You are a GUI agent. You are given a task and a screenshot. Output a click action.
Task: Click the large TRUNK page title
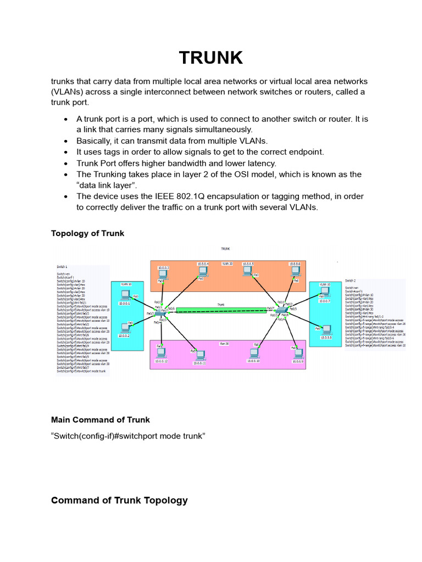(x=210, y=57)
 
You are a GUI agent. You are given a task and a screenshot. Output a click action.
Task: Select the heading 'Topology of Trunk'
(x=87, y=233)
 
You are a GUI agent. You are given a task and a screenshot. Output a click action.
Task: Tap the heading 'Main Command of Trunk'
(x=101, y=420)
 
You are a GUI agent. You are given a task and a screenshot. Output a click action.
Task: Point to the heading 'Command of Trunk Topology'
(x=119, y=500)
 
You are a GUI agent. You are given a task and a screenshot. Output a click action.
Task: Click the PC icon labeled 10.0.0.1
(x=125, y=295)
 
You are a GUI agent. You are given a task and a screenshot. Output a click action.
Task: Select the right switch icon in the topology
(x=281, y=311)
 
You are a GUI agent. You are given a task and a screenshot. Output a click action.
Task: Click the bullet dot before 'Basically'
(x=66, y=141)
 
